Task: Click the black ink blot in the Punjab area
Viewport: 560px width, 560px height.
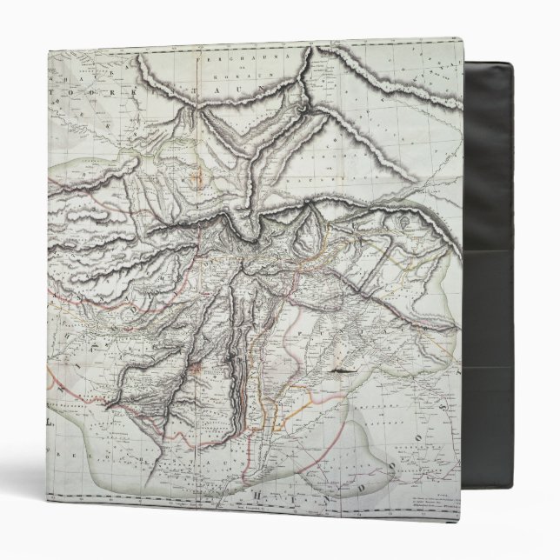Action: (341, 371)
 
